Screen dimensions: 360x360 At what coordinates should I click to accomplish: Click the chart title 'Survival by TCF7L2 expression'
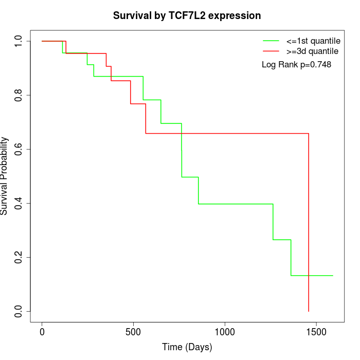click(x=187, y=15)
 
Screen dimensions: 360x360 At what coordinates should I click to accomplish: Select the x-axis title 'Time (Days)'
click(x=187, y=347)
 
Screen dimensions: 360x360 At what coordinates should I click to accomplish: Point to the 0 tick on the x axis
click(x=42, y=332)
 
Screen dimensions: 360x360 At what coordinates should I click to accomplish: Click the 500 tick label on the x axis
click(x=133, y=332)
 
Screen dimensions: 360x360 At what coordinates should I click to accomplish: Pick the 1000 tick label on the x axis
click(x=225, y=332)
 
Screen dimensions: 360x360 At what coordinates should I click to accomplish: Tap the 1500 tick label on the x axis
click(x=316, y=332)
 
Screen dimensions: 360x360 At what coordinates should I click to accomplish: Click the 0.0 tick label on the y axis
click(x=19, y=311)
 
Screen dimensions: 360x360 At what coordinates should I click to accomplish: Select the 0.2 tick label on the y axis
click(x=19, y=257)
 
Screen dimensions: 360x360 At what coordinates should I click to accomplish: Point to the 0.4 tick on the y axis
click(x=19, y=203)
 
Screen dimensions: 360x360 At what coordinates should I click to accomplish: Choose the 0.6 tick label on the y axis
click(x=19, y=149)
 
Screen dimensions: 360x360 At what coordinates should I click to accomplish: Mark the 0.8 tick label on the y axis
click(x=19, y=95)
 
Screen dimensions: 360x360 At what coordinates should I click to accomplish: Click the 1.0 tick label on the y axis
click(x=19, y=41)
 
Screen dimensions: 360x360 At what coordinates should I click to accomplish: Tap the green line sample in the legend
click(x=271, y=40)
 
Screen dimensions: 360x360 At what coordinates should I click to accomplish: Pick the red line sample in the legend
click(x=271, y=51)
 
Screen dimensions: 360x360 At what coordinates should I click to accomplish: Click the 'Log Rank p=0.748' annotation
click(x=296, y=64)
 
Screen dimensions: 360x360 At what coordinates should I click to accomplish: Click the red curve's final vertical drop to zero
click(x=309, y=221)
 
